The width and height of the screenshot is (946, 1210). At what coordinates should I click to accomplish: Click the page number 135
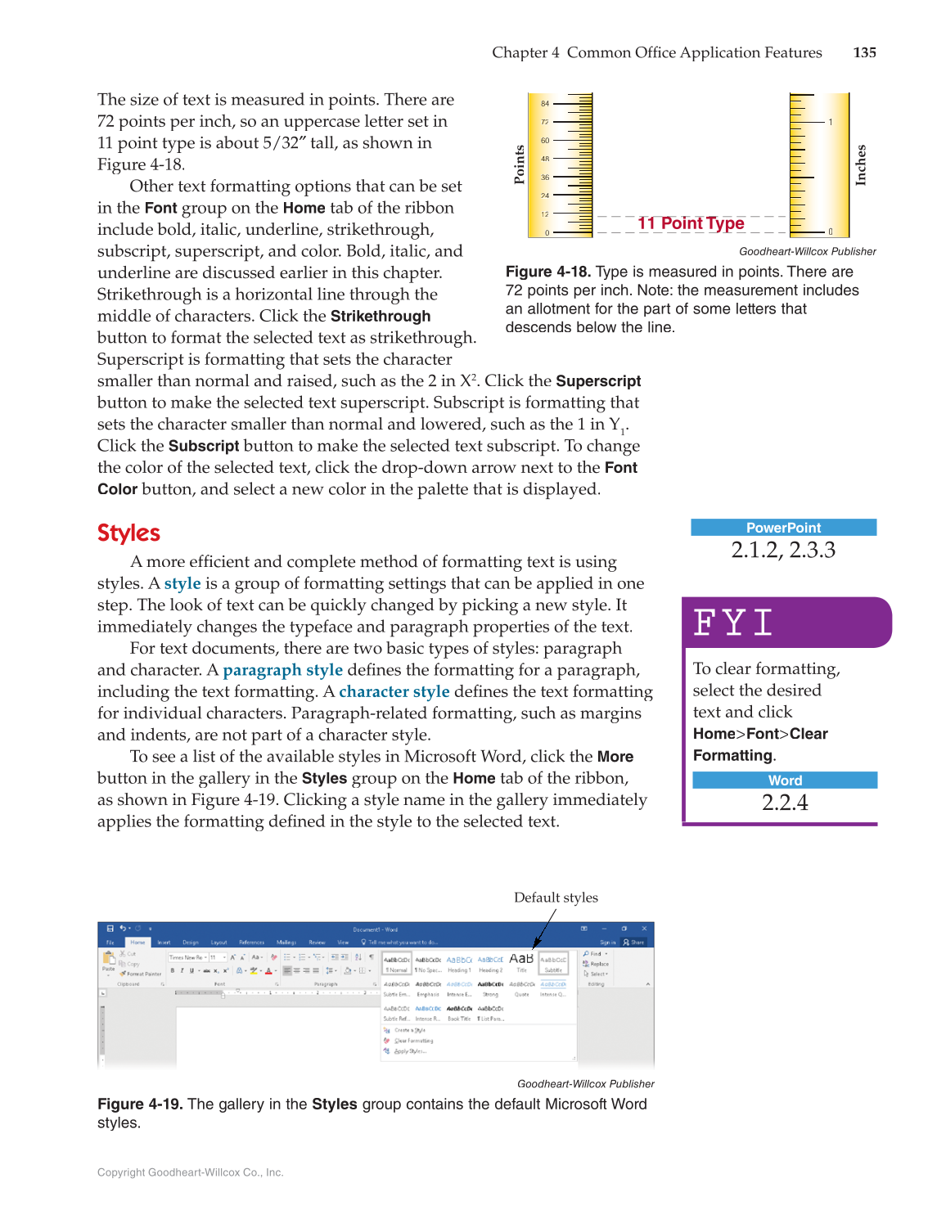pyautogui.click(x=864, y=52)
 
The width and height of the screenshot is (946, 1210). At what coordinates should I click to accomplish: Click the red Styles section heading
pyautogui.click(x=128, y=533)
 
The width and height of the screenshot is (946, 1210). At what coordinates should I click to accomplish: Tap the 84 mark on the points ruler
pyautogui.click(x=545, y=104)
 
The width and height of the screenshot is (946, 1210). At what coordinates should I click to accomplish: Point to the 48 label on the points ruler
pyautogui.click(x=545, y=159)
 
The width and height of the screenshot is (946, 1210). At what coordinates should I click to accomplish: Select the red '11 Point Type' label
pyautogui.click(x=691, y=223)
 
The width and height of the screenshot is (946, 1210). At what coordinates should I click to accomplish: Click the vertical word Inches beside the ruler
pyautogui.click(x=861, y=165)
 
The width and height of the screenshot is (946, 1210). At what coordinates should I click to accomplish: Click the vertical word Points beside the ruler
pyautogui.click(x=519, y=164)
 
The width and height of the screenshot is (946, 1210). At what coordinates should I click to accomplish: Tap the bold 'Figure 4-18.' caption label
pyautogui.click(x=547, y=272)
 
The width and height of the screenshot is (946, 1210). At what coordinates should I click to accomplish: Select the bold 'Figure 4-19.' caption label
pyautogui.click(x=139, y=1104)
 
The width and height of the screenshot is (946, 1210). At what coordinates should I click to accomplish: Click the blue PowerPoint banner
pyautogui.click(x=783, y=528)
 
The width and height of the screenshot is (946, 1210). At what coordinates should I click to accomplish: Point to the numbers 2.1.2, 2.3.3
pyautogui.click(x=783, y=550)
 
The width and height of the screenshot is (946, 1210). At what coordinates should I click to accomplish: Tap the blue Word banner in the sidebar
pyautogui.click(x=785, y=780)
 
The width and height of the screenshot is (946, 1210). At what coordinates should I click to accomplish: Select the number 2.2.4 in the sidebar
pyautogui.click(x=785, y=803)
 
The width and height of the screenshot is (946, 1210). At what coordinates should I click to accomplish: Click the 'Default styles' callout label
pyautogui.click(x=556, y=897)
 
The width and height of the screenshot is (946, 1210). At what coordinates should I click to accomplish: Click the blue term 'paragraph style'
pyautogui.click(x=282, y=670)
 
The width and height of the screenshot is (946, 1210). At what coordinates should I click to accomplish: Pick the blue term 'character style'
pyautogui.click(x=394, y=691)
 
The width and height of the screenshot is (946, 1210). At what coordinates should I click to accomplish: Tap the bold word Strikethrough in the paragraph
pyautogui.click(x=381, y=316)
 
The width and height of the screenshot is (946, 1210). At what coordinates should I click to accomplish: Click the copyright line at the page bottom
pyautogui.click(x=191, y=1172)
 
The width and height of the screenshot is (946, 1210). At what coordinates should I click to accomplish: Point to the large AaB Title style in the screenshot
pyautogui.click(x=521, y=960)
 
